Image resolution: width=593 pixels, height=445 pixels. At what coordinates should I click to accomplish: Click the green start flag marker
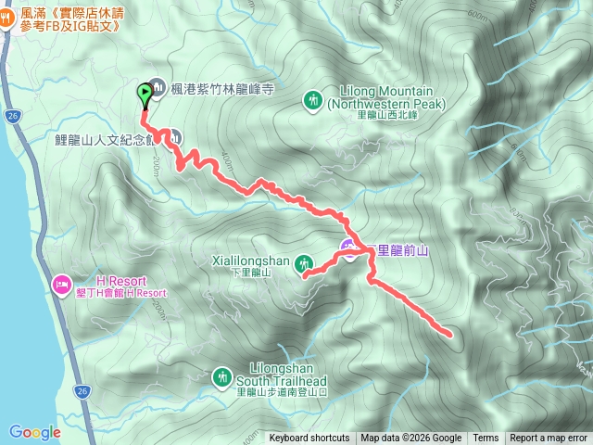[145, 93]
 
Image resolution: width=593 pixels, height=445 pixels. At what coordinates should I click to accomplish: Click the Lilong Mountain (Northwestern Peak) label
[386, 98]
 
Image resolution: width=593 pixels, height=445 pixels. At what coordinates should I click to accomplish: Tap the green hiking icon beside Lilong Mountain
[313, 97]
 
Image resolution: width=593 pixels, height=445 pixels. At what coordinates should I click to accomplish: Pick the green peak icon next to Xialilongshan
[302, 267]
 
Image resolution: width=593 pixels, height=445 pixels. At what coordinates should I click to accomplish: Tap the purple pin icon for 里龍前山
[347, 249]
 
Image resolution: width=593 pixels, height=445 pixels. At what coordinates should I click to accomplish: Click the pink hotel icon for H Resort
[61, 282]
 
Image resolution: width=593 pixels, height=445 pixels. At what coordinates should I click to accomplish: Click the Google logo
[34, 432]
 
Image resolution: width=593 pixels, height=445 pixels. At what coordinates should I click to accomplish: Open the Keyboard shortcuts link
[309, 439]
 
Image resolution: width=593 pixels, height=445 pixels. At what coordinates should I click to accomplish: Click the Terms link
[486, 439]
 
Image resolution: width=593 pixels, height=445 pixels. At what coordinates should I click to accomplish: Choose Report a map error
[549, 439]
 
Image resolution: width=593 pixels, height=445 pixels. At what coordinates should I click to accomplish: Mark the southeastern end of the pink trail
[450, 334]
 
